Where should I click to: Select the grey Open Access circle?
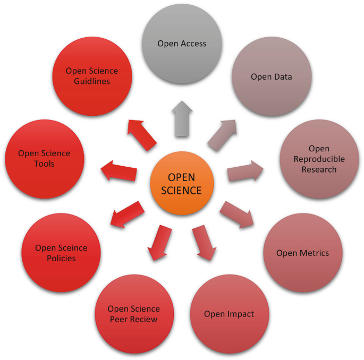pos(182,44)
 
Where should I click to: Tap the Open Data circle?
pos(272,77)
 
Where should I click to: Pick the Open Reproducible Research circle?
pos(319,159)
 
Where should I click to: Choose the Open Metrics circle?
pos(302,253)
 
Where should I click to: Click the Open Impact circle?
pos(229,314)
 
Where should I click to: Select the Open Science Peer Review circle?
pos(134,314)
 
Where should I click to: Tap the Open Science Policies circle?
pos(62,253)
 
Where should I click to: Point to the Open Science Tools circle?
pos(44,159)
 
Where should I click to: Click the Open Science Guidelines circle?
pos(92,75)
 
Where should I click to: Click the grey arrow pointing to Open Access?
pos(182,120)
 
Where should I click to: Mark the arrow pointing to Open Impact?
pos(204,242)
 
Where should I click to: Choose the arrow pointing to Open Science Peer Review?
pos(160,242)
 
